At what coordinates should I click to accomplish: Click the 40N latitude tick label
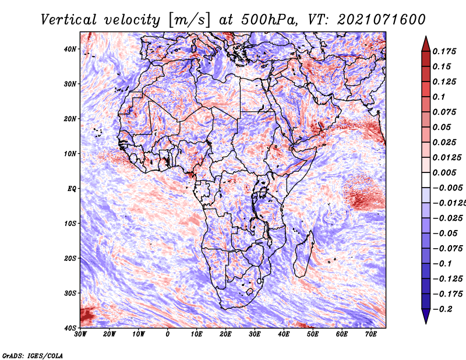coord(70,49)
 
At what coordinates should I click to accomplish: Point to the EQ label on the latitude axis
coord(72,189)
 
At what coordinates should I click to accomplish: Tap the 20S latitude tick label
coord(70,258)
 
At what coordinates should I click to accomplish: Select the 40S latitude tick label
coord(70,328)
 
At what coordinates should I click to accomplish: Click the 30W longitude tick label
coord(80,334)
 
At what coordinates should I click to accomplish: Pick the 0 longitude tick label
coord(168,334)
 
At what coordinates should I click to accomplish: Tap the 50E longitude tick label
coord(313,334)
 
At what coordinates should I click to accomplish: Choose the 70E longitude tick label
coord(371,334)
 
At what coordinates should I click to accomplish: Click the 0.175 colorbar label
coord(444,51)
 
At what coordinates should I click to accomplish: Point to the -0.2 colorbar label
coord(443,309)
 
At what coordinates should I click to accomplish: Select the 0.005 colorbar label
coord(444,172)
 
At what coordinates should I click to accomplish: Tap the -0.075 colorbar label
coord(448,248)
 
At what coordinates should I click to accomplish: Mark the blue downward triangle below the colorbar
coord(426,315)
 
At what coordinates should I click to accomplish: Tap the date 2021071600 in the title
coord(382,20)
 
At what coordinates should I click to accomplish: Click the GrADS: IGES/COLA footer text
coord(33,355)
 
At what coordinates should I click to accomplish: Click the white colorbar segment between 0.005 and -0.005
coord(426,180)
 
